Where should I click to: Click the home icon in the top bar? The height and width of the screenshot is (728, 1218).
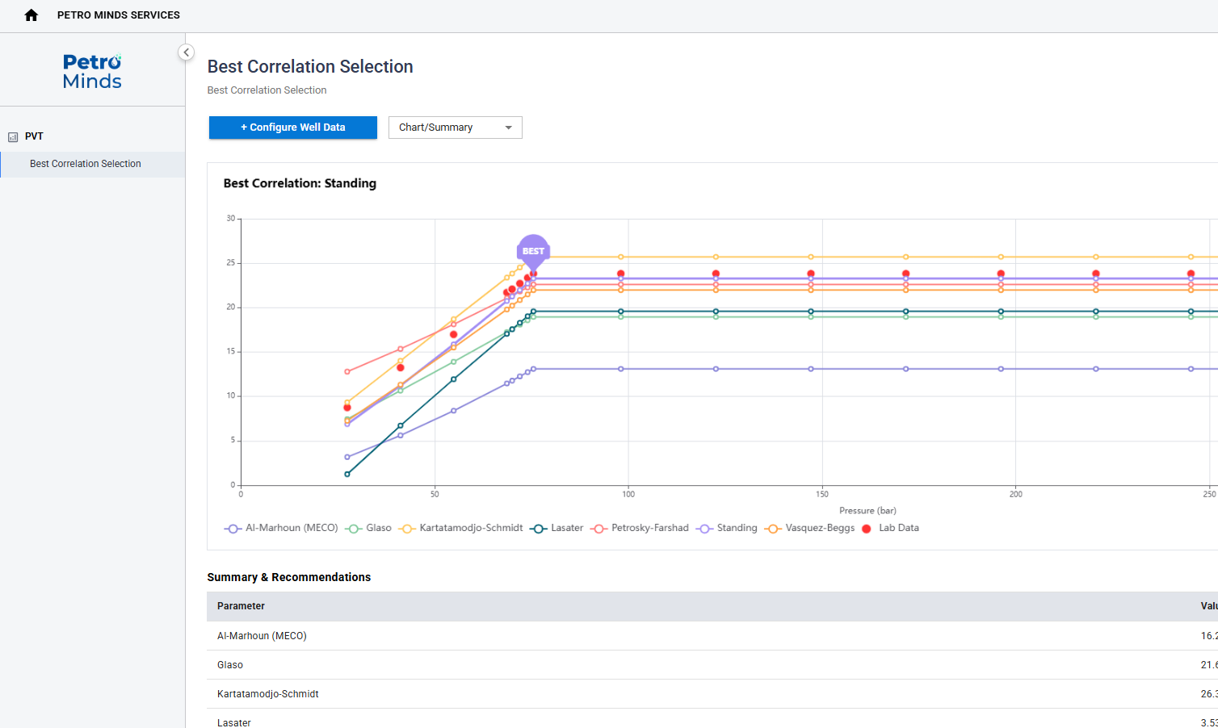click(31, 15)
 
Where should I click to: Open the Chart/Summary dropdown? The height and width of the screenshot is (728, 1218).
click(455, 128)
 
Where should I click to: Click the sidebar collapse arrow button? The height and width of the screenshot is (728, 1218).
click(186, 52)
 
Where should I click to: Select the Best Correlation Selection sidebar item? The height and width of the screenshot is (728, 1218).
click(86, 164)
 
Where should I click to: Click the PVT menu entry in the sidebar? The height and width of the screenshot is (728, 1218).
click(34, 136)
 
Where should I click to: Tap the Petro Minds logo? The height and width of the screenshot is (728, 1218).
click(92, 71)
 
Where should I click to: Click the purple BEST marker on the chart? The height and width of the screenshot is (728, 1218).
click(533, 251)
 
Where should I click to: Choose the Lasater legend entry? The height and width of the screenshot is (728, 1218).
click(556, 528)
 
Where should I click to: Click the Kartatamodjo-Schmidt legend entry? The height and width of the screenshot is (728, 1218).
click(461, 528)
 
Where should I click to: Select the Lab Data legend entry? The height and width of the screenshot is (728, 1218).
click(891, 528)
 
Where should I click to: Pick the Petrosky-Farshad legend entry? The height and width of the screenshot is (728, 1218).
click(640, 528)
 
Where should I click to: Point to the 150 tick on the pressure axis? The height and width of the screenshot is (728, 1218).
click(822, 495)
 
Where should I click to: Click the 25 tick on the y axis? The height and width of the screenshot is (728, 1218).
click(231, 263)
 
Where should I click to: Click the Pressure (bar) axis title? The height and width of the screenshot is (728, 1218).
click(867, 511)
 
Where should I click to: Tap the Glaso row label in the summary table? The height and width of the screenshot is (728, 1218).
click(230, 665)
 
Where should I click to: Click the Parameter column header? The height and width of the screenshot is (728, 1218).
click(241, 606)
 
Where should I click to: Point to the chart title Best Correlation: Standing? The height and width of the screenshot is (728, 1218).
click(300, 184)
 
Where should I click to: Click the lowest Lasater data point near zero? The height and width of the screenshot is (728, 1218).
click(347, 475)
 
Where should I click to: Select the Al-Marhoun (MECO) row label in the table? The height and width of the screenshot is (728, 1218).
click(262, 636)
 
